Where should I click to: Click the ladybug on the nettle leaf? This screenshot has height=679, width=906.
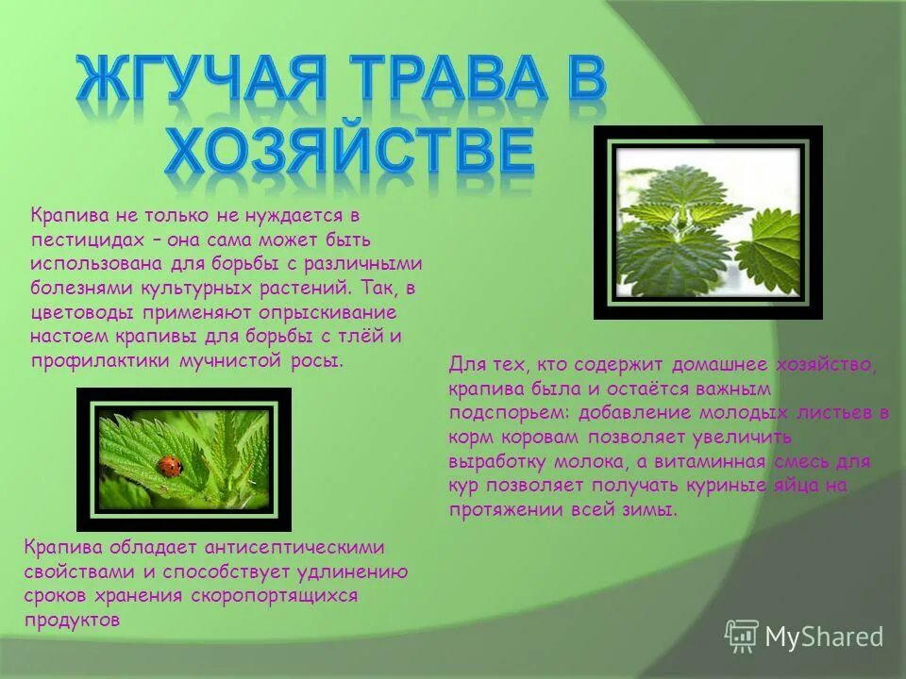[x=170, y=465]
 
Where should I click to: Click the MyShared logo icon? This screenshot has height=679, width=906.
[x=742, y=637]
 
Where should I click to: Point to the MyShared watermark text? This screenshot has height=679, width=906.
[x=824, y=638]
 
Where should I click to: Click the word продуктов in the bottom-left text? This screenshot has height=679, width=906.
[x=73, y=621]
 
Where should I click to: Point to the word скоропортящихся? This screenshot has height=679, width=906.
[x=275, y=596]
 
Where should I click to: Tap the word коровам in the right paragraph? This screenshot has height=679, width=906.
[x=536, y=437]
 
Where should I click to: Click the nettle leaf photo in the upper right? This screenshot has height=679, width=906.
[x=708, y=223]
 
